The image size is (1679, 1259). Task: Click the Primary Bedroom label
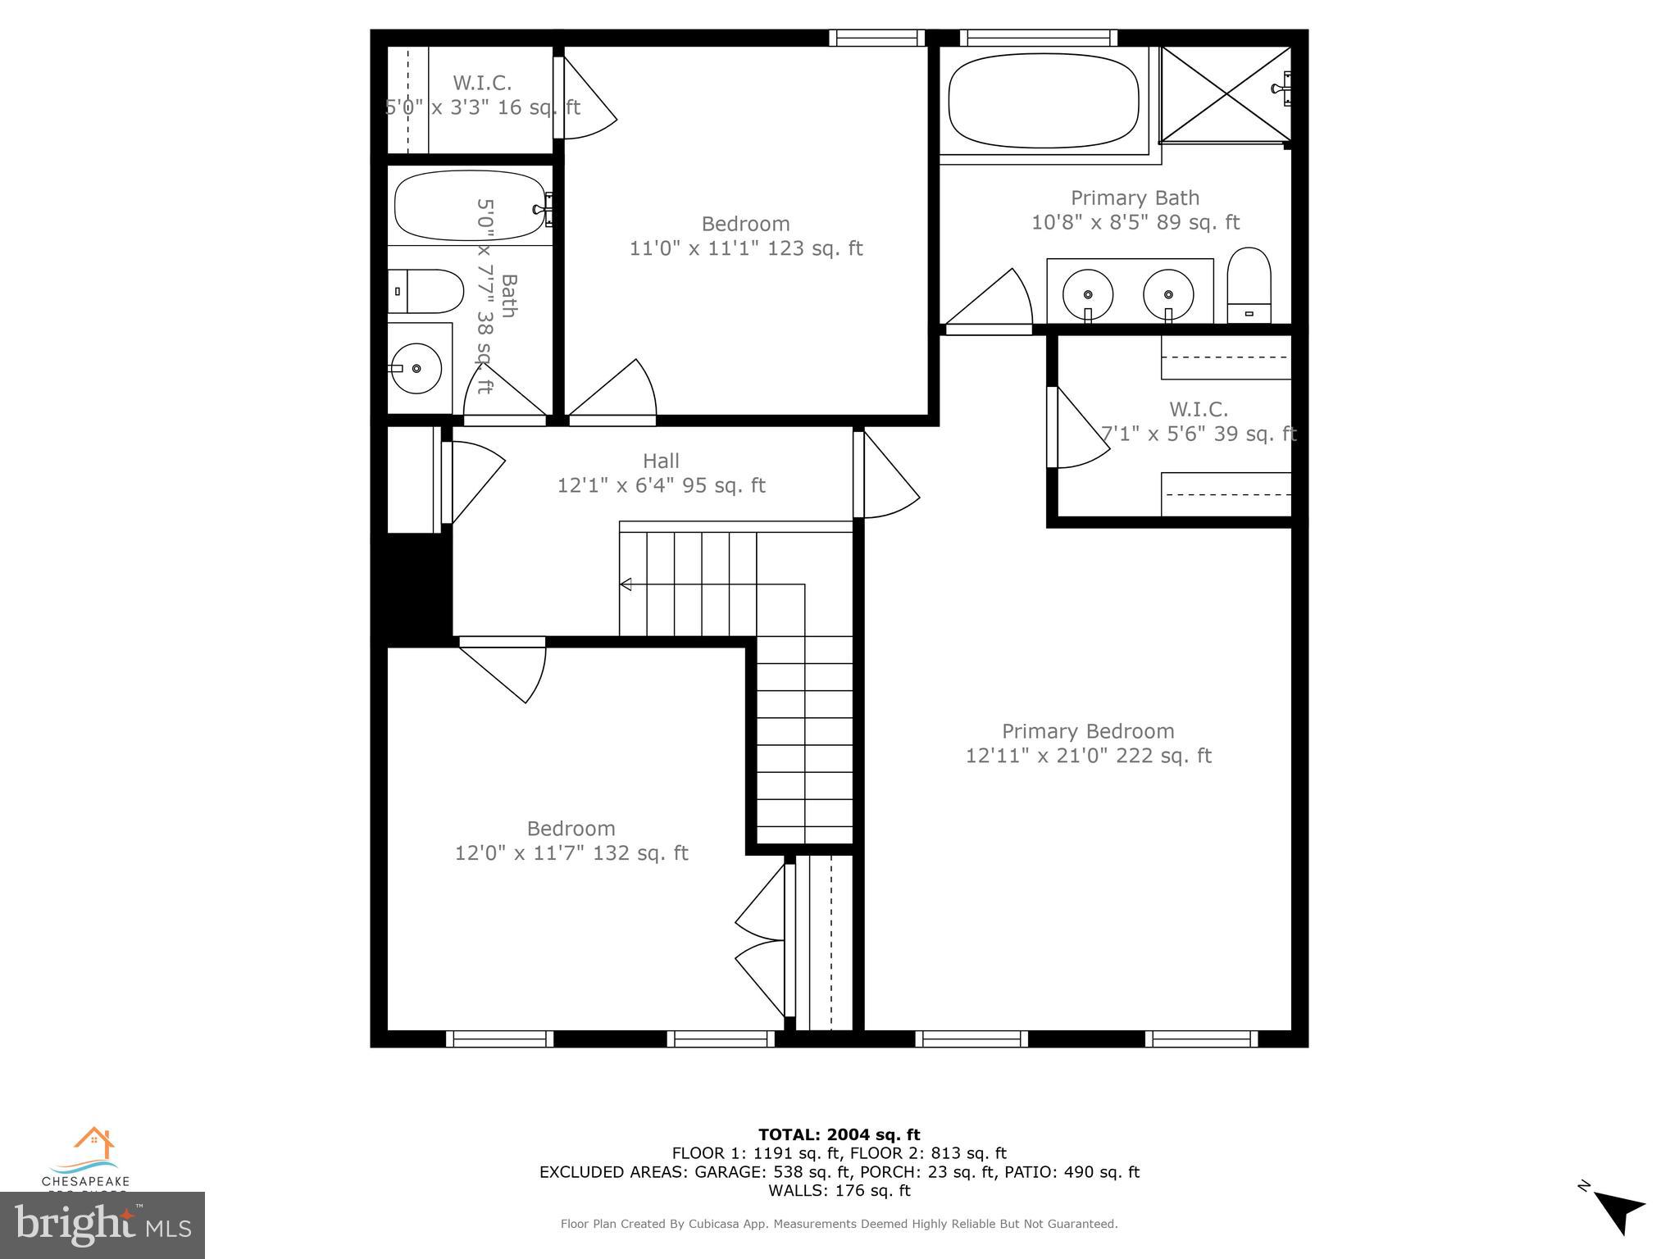1088,731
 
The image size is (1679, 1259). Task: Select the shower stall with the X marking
1226,94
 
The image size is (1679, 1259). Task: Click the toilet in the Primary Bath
1249,286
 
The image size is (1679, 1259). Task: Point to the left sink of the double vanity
1087,293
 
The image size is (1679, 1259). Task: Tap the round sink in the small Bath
416,369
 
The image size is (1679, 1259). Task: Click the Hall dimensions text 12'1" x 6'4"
661,486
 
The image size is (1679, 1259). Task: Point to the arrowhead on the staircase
626,584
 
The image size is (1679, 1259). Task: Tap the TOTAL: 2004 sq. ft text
839,1134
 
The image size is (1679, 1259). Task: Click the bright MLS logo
102,1225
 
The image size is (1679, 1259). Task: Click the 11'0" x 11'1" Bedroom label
745,236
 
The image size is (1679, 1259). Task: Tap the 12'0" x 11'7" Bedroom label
571,841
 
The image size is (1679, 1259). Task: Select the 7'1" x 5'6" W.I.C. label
1198,421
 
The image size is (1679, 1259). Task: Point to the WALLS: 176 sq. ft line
839,1190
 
